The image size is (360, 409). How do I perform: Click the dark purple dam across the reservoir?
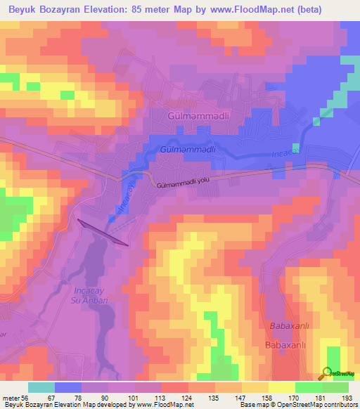click(103, 233)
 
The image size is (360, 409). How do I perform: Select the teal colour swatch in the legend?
click(41, 387)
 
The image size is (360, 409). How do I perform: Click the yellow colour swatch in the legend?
click(281, 387)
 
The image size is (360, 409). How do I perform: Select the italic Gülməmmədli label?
click(187, 150)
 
